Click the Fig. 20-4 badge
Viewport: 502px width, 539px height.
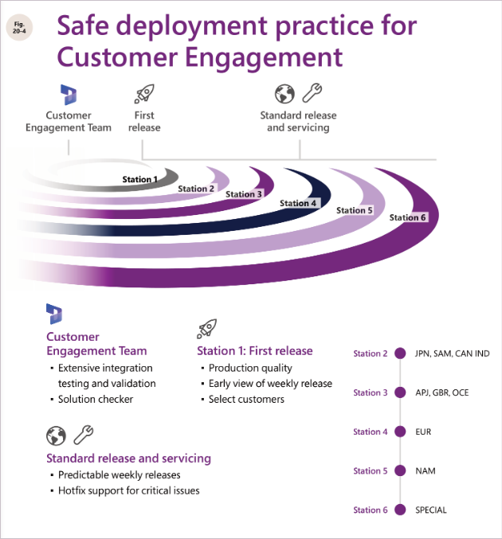[19, 28]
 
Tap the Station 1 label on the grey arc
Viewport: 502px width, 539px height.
[139, 179]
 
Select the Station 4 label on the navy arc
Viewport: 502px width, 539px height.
[298, 203]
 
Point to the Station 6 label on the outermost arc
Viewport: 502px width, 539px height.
[408, 217]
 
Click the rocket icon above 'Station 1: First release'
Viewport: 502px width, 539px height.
[206, 328]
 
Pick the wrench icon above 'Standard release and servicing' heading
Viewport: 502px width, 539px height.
[84, 435]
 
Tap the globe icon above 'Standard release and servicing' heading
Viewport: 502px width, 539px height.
[56, 435]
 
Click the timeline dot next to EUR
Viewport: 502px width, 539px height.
[400, 432]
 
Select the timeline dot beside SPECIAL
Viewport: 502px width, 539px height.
[400, 510]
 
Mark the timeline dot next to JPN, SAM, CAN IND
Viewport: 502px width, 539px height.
[400, 353]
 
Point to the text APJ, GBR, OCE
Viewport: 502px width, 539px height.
[442, 393]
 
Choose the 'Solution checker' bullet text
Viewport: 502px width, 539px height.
[96, 399]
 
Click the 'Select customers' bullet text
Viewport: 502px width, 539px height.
[246, 399]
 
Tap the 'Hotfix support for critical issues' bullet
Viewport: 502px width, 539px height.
[128, 490]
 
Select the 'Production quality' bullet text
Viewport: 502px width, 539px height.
[250, 368]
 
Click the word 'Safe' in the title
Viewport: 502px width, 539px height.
[86, 25]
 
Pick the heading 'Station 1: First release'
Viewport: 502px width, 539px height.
[255, 350]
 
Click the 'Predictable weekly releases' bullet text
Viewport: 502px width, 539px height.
[120, 475]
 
